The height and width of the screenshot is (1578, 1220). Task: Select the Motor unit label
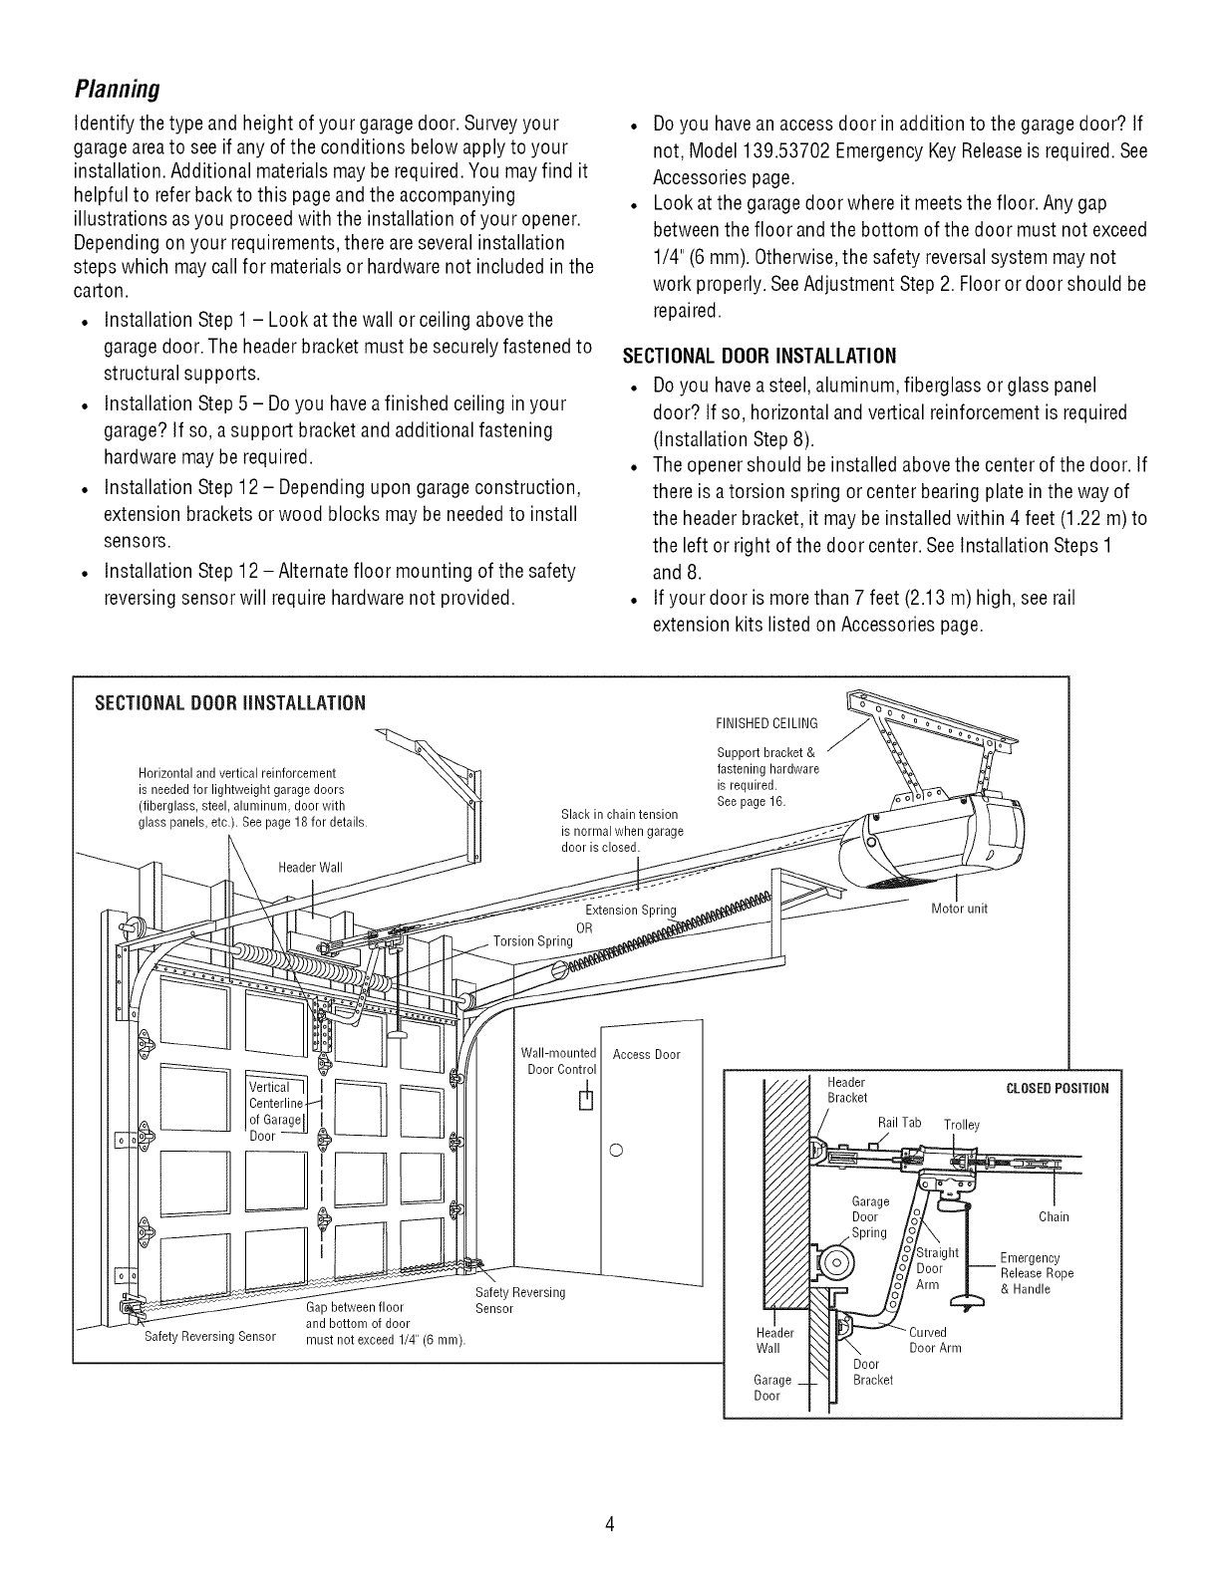958,909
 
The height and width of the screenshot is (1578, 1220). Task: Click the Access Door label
646,1054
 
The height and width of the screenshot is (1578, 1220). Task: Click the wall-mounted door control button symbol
586,1100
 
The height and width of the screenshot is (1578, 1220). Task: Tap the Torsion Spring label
532,941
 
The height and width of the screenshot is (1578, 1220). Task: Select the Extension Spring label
630,910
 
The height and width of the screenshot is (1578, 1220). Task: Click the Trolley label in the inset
962,1125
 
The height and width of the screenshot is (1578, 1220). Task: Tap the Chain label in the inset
1054,1216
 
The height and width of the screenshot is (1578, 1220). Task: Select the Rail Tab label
898,1123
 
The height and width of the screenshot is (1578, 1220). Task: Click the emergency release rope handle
965,1301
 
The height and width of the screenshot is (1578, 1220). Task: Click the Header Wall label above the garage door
310,866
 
